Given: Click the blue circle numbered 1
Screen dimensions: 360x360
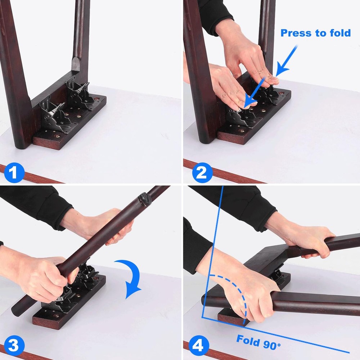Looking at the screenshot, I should click(x=14, y=173).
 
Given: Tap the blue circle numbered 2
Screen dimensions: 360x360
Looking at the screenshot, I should click(x=202, y=173).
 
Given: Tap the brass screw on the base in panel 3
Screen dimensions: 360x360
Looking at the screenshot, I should click(x=56, y=316).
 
